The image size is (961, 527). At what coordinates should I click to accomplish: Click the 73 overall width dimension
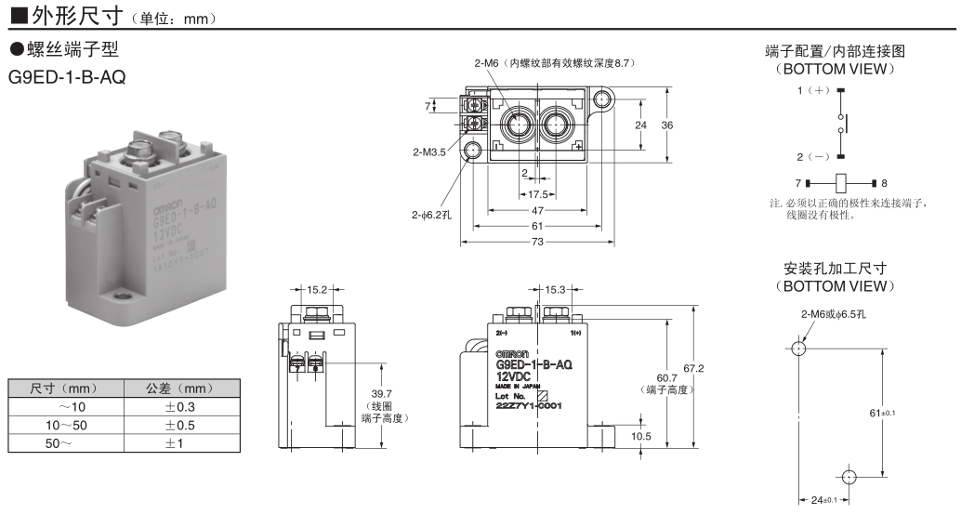coord(537,242)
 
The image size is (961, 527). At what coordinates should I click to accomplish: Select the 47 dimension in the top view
coord(537,210)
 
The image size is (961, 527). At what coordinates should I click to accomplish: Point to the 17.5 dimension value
coord(537,194)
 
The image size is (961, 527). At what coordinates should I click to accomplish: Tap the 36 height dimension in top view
coord(666,125)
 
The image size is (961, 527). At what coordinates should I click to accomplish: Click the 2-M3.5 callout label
coord(428,152)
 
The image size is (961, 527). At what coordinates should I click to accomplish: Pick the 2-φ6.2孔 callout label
coord(432,215)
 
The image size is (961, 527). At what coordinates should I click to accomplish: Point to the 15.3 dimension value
coord(556,290)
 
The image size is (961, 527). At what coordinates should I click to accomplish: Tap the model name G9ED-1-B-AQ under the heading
coord(67,75)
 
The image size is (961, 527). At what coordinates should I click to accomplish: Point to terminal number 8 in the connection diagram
coord(884,183)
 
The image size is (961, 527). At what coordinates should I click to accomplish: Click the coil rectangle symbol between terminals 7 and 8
coord(841,183)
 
